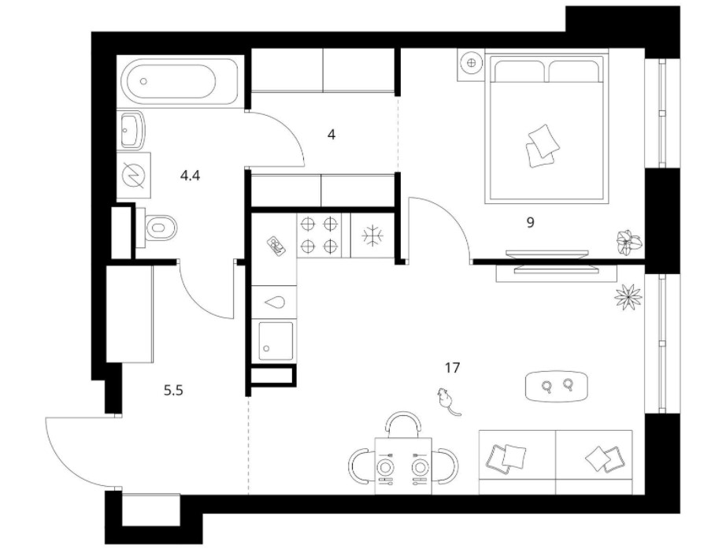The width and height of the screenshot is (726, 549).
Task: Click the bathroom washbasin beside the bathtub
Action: click(131, 130)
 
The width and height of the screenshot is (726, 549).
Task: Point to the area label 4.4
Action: click(190, 176)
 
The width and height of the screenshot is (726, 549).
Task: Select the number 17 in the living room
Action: click(451, 367)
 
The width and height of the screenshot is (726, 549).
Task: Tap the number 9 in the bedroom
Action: click(531, 222)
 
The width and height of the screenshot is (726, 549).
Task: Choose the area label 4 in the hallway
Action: click(332, 135)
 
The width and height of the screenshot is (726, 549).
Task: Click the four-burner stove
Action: click(320, 234)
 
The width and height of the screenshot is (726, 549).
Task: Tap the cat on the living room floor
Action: click(446, 400)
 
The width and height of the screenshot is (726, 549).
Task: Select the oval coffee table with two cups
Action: click(556, 385)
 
